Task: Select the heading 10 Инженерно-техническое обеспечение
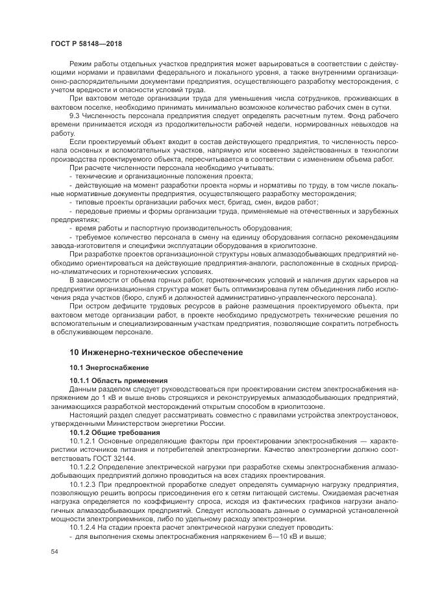(x=147, y=352)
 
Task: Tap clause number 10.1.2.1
(x=83, y=440)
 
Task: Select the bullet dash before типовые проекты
(x=71, y=202)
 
